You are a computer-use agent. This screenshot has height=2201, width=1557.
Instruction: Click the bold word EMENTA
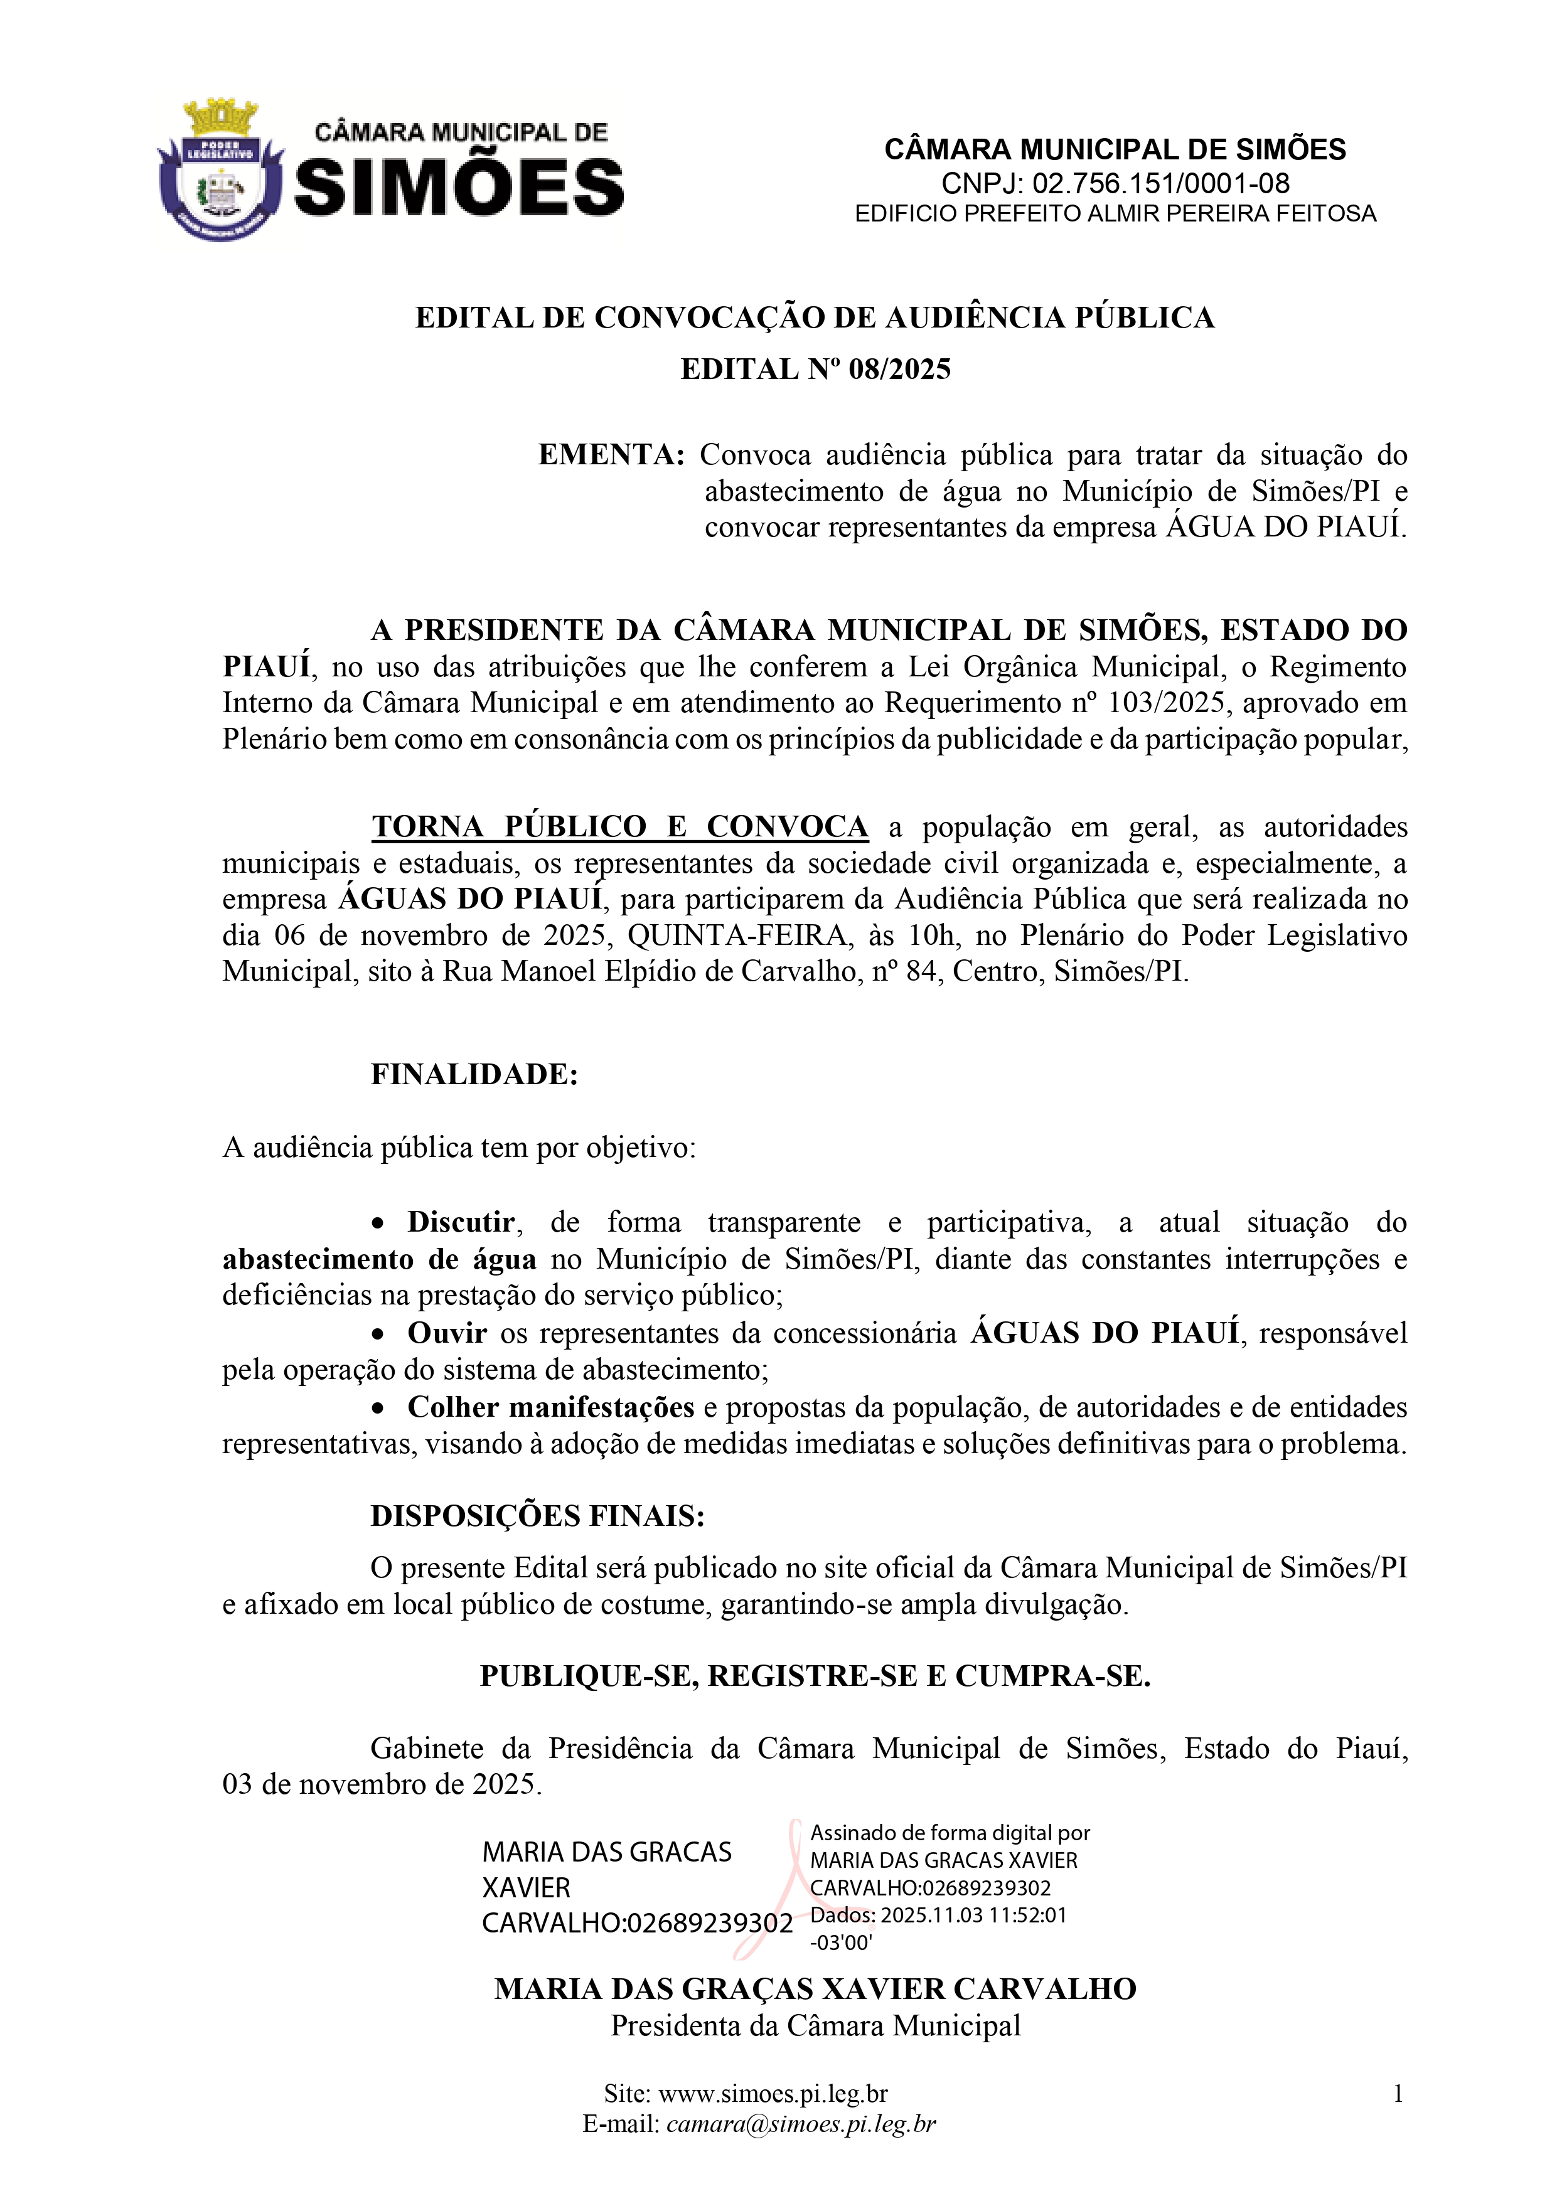pos(611,454)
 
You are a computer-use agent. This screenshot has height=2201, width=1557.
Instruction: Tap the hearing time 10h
pos(928,935)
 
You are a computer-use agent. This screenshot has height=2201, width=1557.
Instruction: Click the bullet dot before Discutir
pos(380,1224)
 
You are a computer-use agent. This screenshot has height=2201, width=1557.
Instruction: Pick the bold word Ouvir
pos(447,1333)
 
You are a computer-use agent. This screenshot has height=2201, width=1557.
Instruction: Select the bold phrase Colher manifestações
pos(550,1407)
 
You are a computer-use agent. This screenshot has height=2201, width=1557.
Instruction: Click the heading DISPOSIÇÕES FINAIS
pos(538,1516)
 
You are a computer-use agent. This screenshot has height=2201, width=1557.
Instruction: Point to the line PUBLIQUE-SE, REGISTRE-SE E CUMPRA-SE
pos(815,1676)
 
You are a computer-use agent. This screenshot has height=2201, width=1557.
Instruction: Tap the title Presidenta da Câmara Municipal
pos(816,2025)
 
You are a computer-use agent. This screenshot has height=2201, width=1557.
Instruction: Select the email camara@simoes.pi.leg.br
pos(801,2124)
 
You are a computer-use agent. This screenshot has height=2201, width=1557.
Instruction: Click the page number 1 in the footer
pos(1398,2094)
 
